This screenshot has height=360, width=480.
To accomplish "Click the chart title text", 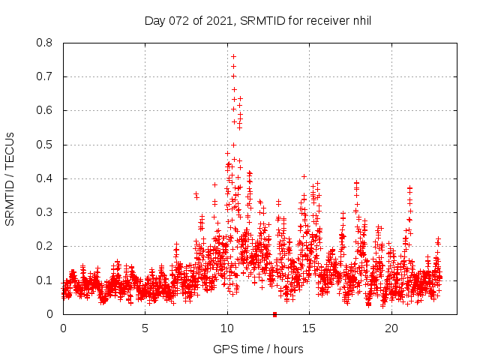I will tap(258, 21).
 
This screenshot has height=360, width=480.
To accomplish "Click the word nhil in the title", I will tap(360, 21).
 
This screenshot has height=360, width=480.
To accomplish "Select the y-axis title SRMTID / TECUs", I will tap(10, 178).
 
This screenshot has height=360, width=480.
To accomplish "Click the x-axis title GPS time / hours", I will tap(258, 349).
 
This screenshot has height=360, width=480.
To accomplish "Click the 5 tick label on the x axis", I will tap(145, 328).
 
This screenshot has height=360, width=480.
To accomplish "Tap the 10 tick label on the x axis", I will tap(227, 328).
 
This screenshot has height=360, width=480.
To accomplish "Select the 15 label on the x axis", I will tap(310, 328).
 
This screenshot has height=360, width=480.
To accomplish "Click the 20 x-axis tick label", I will tap(391, 328).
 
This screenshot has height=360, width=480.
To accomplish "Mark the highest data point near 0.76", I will tap(233, 56).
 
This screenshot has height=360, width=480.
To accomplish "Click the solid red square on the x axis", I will tap(275, 314).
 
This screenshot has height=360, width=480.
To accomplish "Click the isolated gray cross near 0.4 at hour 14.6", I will tap(304, 177).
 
